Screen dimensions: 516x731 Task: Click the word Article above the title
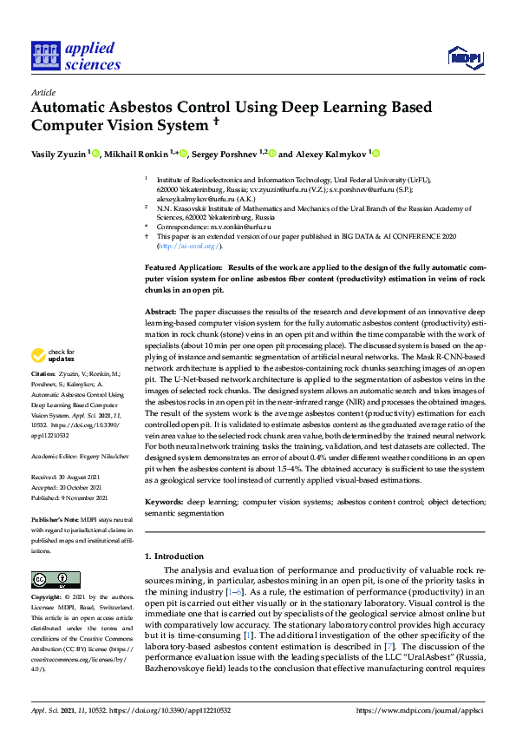[42, 91]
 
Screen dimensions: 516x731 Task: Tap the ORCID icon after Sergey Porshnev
[272, 154]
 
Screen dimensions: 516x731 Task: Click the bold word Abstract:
[161, 311]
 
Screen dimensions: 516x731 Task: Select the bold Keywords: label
[164, 502]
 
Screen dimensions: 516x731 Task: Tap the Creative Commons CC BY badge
[44, 580]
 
